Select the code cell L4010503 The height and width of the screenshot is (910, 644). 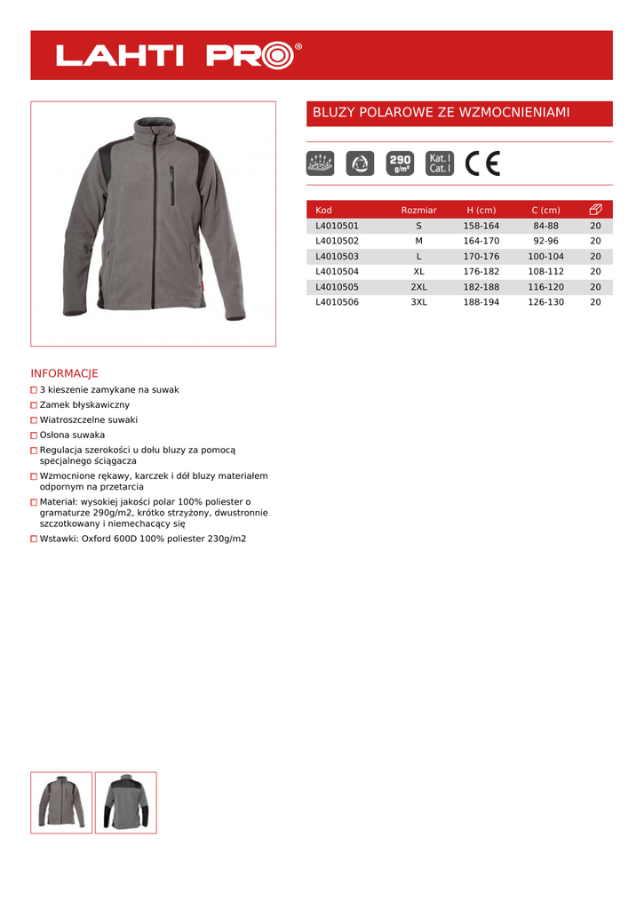click(337, 256)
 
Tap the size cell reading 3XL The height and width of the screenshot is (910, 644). click(418, 302)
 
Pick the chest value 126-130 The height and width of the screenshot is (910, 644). click(545, 302)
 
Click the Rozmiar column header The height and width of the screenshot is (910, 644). click(418, 210)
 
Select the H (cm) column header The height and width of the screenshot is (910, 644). click(481, 210)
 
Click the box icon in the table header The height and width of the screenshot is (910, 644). click(595, 210)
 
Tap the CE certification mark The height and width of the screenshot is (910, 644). click(483, 164)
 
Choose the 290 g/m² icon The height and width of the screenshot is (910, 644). click(400, 164)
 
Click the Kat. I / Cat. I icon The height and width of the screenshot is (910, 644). click(440, 164)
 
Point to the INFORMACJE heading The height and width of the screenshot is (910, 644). click(64, 373)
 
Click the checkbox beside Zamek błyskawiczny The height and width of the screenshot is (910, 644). click(34, 405)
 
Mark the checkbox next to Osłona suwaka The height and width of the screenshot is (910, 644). click(34, 435)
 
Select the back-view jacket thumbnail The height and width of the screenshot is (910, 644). click(125, 802)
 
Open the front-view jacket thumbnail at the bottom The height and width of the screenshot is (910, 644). click(61, 802)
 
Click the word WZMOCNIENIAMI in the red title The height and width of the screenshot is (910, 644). click(517, 113)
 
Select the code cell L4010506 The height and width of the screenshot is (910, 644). click(337, 302)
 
